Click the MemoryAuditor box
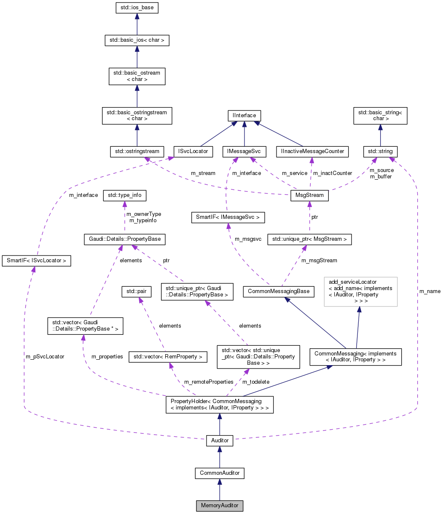(220, 505)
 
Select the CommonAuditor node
(220, 473)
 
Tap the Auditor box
(220, 441)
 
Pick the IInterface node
(244, 115)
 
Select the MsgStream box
(310, 196)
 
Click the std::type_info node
(125, 195)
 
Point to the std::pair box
(136, 291)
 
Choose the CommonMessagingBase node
(279, 291)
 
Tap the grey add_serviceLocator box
(360, 291)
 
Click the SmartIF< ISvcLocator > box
(36, 261)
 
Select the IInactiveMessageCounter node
(312, 151)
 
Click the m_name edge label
(430, 291)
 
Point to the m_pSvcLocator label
(45, 356)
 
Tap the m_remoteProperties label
(208, 382)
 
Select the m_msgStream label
(319, 260)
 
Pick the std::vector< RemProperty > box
(168, 356)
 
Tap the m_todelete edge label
(256, 382)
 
